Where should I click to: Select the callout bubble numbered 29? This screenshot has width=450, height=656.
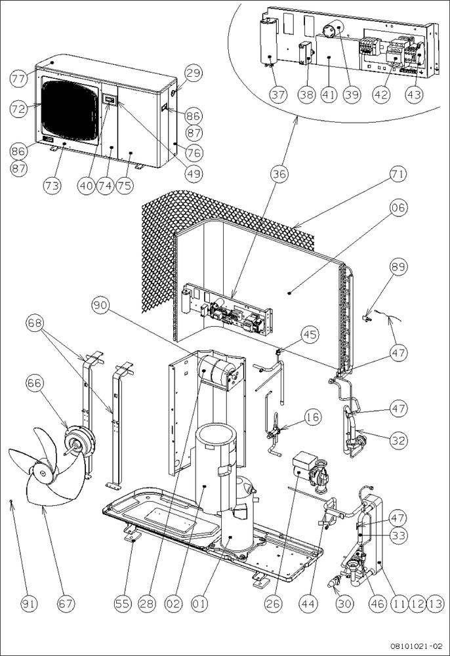[x=191, y=73]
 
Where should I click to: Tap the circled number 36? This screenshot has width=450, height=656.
[x=280, y=174]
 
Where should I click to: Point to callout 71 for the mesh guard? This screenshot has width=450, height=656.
[x=398, y=174]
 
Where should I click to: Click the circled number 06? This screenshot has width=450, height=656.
[x=398, y=208]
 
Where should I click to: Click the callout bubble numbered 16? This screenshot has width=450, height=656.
[x=312, y=417]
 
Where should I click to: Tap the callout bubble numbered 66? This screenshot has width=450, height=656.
[x=37, y=383]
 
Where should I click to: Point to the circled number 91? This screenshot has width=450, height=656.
[x=21, y=602]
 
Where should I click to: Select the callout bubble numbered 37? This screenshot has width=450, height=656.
[x=278, y=94]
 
